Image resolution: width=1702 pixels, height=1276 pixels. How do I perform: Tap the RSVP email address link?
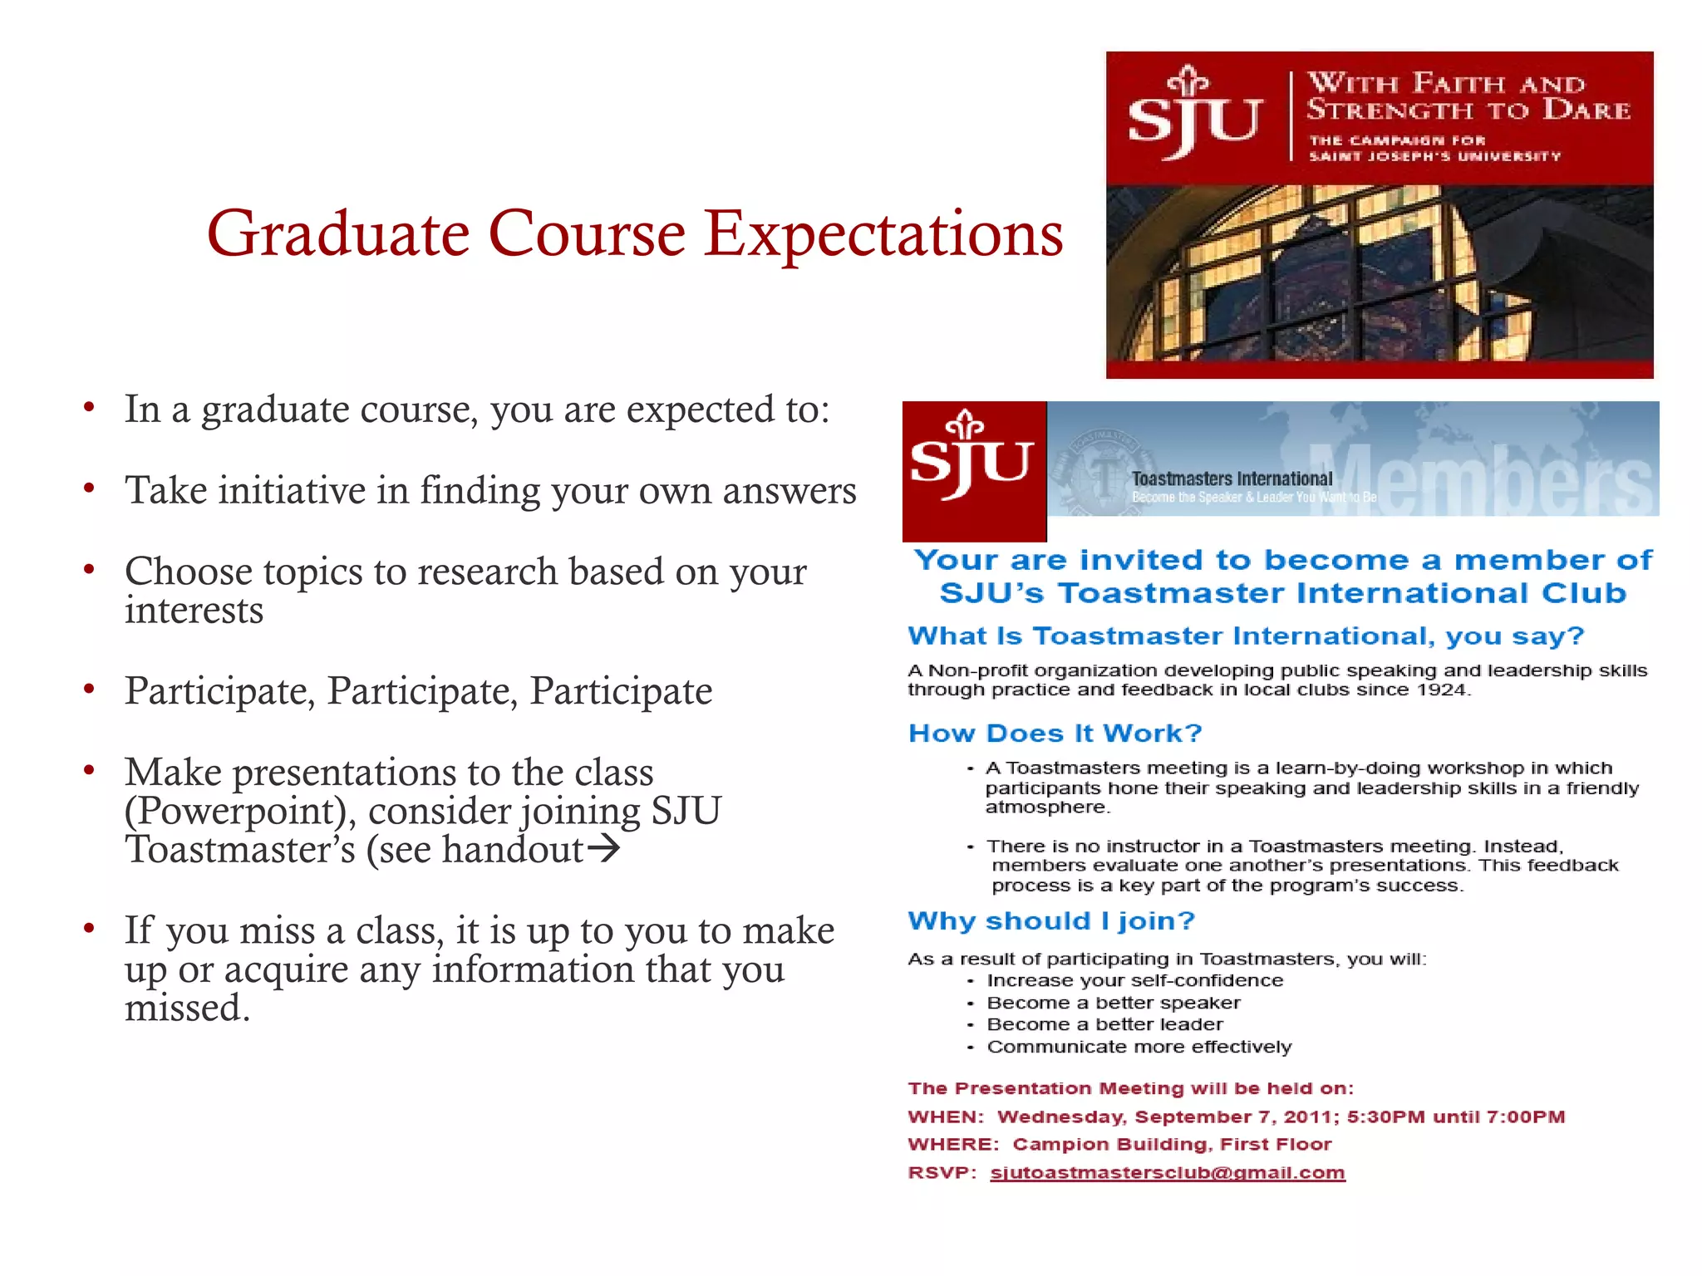(x=1167, y=1172)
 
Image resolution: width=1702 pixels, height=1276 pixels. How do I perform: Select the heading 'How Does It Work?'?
(x=1055, y=733)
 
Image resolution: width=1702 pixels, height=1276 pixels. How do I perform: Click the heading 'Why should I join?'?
(x=1050, y=920)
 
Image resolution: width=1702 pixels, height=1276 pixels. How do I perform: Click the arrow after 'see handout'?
(x=603, y=849)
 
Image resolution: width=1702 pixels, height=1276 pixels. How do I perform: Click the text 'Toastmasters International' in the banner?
(x=1232, y=478)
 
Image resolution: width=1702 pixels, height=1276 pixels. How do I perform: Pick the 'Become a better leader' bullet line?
(x=1104, y=1024)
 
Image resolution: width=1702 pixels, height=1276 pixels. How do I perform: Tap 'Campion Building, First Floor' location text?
(x=1172, y=1144)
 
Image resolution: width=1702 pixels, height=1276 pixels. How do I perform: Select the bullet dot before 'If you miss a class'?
(x=89, y=929)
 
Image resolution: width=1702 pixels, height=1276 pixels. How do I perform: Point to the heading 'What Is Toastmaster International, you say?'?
(x=1246, y=636)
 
